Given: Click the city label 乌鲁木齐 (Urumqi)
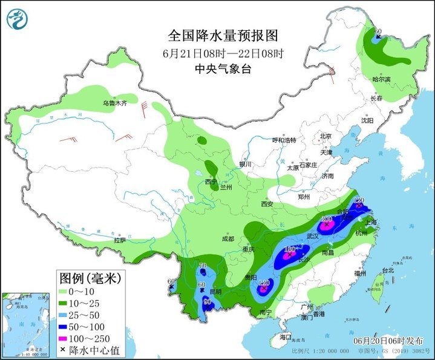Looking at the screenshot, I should [115, 103].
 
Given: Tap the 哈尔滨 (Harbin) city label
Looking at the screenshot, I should [382, 79].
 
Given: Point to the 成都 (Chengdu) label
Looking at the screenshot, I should [227, 238].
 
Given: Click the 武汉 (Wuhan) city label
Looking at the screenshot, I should [313, 235].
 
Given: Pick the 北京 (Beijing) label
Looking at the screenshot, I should [326, 136].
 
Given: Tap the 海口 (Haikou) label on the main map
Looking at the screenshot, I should [285, 336].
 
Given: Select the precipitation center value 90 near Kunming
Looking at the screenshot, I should [207, 302].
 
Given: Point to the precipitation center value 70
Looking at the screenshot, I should [203, 266].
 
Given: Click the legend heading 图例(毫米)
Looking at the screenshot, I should [90, 278].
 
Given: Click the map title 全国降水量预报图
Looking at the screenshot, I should [217, 36].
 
